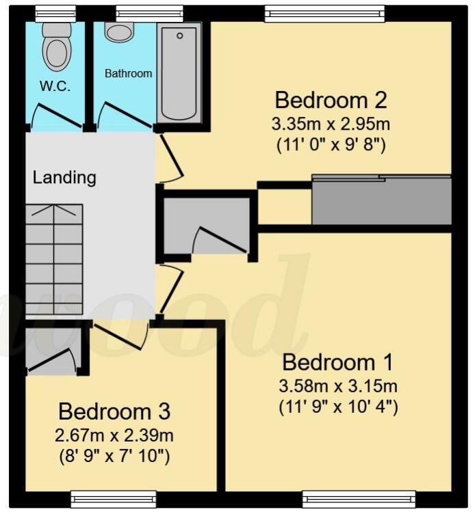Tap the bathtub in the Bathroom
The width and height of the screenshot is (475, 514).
[179, 74]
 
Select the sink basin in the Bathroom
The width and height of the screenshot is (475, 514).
[120, 31]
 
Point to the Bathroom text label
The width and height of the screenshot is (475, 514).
[128, 73]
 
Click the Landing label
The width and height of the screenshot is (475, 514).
[64, 178]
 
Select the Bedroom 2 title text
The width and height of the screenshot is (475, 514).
[331, 100]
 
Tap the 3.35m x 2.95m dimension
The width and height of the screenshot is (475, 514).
[331, 125]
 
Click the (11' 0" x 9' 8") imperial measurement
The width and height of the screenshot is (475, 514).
[331, 145]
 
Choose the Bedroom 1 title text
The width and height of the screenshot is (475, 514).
[338, 362]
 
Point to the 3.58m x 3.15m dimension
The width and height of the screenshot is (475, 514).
[338, 387]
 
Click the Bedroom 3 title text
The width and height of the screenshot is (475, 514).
[114, 411]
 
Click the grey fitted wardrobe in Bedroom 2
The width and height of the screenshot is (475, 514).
[381, 200]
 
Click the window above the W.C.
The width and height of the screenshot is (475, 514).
[55, 12]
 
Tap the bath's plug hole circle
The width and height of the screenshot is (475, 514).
[180, 35]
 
